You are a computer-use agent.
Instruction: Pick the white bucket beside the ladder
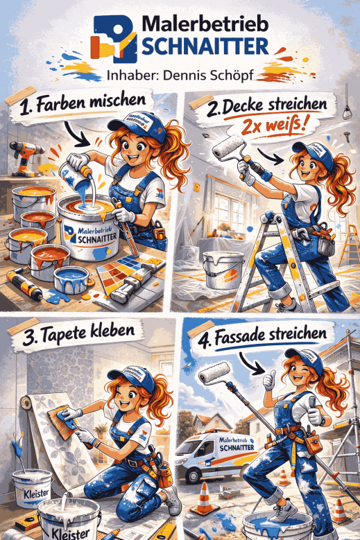pos(223,270)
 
